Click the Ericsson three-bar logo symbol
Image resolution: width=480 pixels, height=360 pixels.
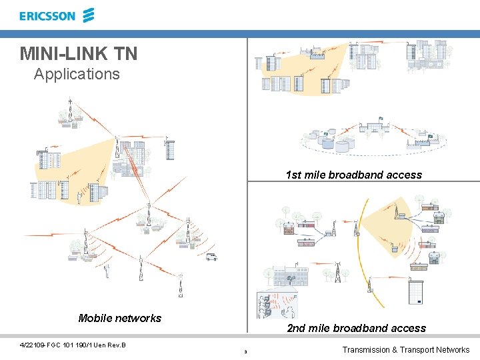click(89, 15)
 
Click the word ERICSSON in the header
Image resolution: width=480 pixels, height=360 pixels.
click(47, 16)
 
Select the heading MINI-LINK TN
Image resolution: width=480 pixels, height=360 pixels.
click(79, 53)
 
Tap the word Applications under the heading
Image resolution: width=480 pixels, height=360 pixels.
click(77, 74)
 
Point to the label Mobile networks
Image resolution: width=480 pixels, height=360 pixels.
click(119, 318)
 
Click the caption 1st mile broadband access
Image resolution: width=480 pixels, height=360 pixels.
click(353, 175)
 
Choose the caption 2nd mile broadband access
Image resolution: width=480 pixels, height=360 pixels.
click(356, 328)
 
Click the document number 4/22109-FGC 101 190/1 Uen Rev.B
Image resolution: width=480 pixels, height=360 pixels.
click(73, 345)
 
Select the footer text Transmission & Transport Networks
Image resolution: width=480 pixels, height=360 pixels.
click(405, 350)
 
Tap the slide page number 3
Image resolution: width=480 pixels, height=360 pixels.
click(245, 351)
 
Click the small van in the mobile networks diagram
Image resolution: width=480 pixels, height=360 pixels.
click(211, 257)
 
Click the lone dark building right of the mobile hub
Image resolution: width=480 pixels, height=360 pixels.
click(170, 150)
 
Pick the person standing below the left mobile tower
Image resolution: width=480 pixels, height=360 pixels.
click(106, 271)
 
